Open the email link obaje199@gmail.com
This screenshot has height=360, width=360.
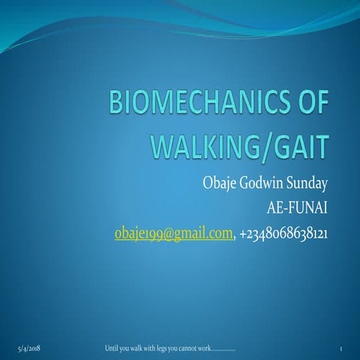[x=172, y=235]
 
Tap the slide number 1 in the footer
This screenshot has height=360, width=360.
[x=340, y=349]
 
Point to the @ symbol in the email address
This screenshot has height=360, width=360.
[x=160, y=235]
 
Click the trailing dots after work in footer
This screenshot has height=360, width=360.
[x=224, y=350]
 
